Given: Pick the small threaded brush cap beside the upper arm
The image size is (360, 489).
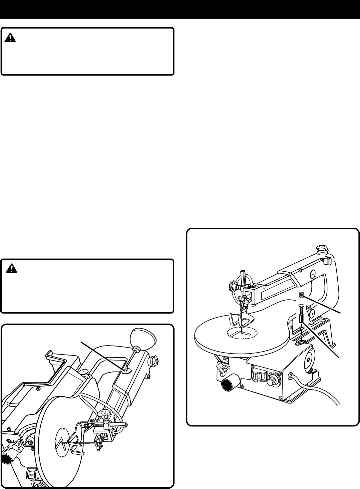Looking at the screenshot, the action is pos(302,294).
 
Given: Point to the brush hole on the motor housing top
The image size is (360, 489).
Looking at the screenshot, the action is pos(302,342).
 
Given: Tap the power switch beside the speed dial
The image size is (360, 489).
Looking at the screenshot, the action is pos(258,377).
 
